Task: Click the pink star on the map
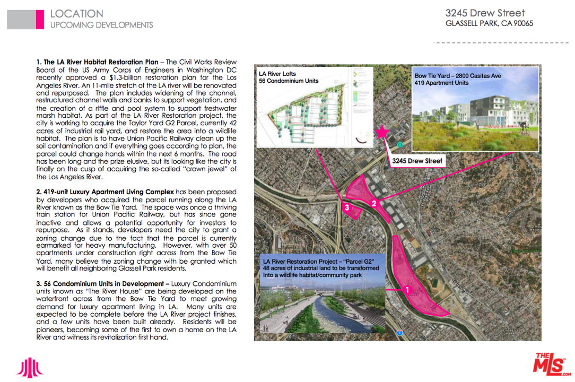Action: pyautogui.click(x=381, y=132)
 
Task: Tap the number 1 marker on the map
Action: pyautogui.click(x=407, y=290)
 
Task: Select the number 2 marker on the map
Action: pyautogui.click(x=374, y=203)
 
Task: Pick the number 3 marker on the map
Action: pyautogui.click(x=347, y=208)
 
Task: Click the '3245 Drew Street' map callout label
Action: pyautogui.click(x=417, y=161)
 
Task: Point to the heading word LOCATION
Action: pyautogui.click(x=77, y=14)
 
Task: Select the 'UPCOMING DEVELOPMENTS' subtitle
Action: pyautogui.click(x=101, y=25)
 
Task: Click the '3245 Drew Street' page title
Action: pyautogui.click(x=485, y=13)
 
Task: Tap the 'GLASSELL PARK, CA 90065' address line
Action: pyautogui.click(x=489, y=24)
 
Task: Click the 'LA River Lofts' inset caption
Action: pyautogui.click(x=277, y=74)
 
